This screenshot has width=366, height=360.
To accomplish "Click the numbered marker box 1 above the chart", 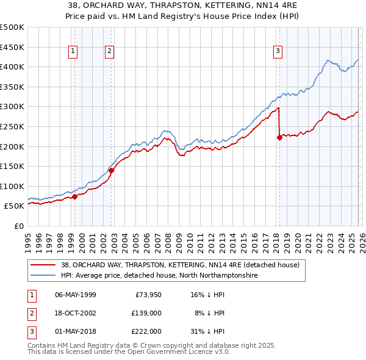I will pos(73,51).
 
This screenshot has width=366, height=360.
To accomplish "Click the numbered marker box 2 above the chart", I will pos(109,51).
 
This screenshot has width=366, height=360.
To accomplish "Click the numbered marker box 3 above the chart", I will pos(278,51).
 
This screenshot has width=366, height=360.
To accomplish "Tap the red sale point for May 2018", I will pos(279,138).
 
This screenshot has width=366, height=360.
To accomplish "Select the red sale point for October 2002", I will pos(112,171).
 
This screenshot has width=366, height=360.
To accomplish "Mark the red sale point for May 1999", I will pos(74,196).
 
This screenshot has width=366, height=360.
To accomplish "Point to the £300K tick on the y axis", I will pos(13,107).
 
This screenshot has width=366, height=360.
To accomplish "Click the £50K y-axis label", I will pos(15,206).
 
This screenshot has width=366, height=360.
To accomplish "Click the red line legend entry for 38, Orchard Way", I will pos(180,265).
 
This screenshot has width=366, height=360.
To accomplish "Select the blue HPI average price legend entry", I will pos(159,276).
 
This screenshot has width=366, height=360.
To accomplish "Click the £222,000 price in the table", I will pos(146,331).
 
